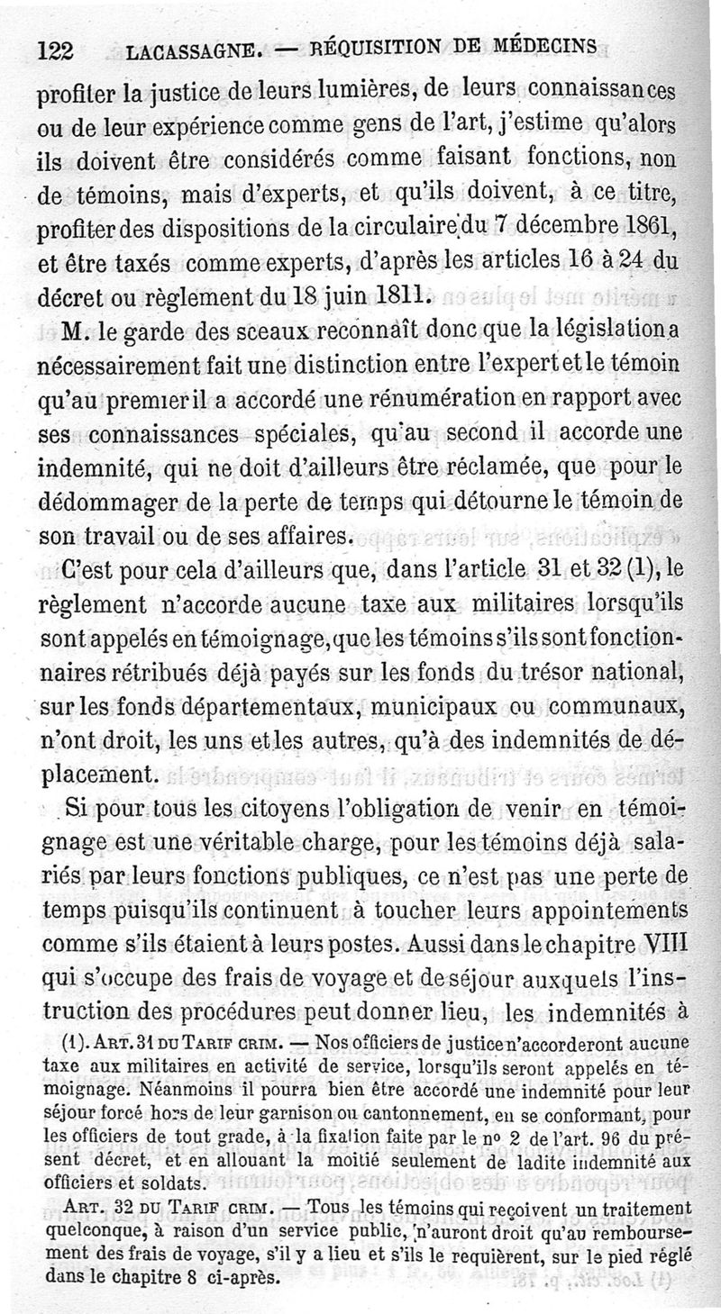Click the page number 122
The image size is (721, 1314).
pos(55,50)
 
